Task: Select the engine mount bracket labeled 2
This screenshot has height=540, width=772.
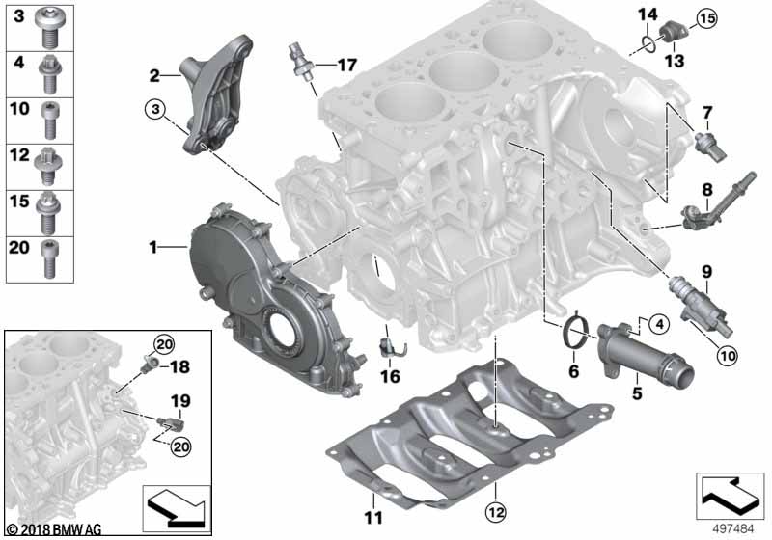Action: click(217, 94)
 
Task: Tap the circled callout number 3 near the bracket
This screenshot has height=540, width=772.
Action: click(155, 109)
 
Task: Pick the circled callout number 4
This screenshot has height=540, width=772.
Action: click(659, 324)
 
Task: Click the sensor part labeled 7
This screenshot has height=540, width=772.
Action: click(709, 147)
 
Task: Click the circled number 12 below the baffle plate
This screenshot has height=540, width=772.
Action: click(495, 512)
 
